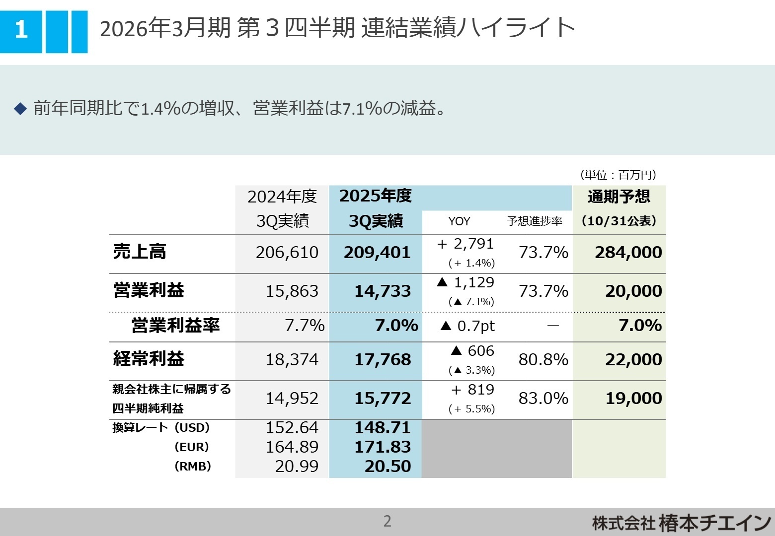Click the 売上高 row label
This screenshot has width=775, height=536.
(x=140, y=252)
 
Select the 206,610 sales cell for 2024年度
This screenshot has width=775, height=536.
(x=287, y=253)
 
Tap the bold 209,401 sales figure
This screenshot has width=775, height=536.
(x=377, y=253)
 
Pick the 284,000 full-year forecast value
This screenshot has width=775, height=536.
(x=628, y=253)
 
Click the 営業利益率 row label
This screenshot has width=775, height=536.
(x=175, y=326)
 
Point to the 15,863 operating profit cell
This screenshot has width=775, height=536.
(x=292, y=291)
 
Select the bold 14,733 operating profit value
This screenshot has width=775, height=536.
(x=383, y=291)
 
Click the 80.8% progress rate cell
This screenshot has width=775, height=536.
(x=543, y=360)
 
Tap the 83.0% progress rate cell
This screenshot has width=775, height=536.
(x=543, y=399)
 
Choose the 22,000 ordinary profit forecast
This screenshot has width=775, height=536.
(x=633, y=360)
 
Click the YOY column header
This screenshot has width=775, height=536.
(x=459, y=221)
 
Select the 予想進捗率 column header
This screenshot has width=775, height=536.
(x=535, y=221)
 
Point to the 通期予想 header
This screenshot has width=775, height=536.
(x=619, y=197)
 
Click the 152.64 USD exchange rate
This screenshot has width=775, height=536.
(x=292, y=428)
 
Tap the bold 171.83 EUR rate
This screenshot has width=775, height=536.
(x=383, y=447)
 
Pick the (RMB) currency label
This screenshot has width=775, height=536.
(x=193, y=467)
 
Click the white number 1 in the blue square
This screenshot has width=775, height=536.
(x=21, y=30)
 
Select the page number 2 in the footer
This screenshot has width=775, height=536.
(x=387, y=521)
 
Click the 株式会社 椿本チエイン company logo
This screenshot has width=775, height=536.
(x=681, y=523)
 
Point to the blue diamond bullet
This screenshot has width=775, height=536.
(x=20, y=108)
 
